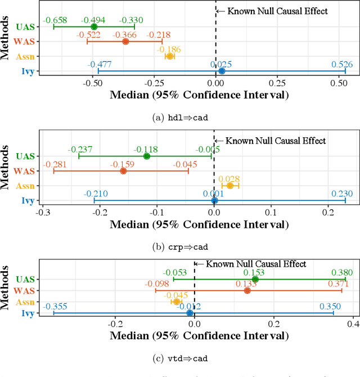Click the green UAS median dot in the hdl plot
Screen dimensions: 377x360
click(x=94, y=26)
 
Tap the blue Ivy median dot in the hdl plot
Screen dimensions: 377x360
click(x=222, y=71)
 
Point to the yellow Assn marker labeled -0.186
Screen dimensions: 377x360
click(x=169, y=56)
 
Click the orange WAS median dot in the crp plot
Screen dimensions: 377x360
click(x=123, y=170)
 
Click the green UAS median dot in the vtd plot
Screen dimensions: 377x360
click(x=255, y=279)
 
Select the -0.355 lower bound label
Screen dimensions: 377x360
click(x=55, y=306)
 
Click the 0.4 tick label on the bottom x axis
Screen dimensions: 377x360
click(x=353, y=325)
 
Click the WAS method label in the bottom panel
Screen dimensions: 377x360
click(x=25, y=291)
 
